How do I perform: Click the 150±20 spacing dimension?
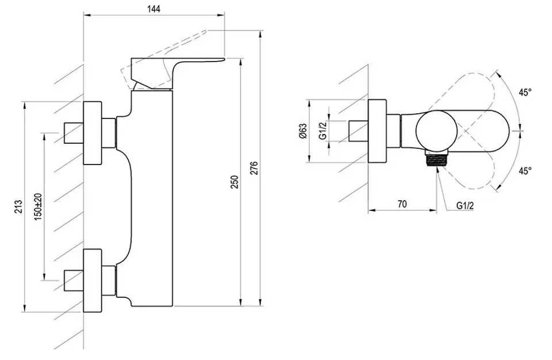click(x=38, y=206)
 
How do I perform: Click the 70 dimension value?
click(x=402, y=204)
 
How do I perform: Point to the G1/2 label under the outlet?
click(x=465, y=206)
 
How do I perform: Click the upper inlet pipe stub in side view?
click(x=73, y=133)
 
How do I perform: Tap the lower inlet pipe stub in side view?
click(x=73, y=281)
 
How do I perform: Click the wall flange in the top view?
click(x=377, y=131)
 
